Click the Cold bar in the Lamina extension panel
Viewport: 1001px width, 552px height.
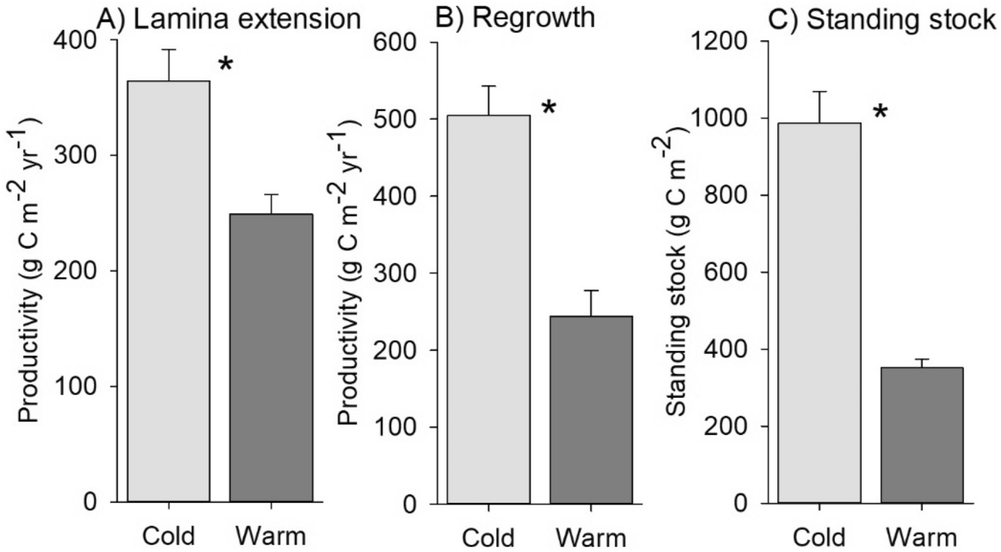coord(168,291)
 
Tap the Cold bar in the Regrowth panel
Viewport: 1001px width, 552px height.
coord(488,309)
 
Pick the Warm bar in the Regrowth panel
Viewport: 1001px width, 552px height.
coord(590,410)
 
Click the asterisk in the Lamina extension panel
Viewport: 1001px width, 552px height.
coord(226,66)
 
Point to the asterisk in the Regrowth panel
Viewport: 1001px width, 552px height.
coord(549,109)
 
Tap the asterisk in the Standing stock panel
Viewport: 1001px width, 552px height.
coord(881,113)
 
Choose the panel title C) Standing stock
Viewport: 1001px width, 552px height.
coord(882,18)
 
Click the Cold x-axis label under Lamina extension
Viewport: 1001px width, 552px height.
coord(168,536)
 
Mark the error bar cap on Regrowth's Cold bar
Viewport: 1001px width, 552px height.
coord(488,86)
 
